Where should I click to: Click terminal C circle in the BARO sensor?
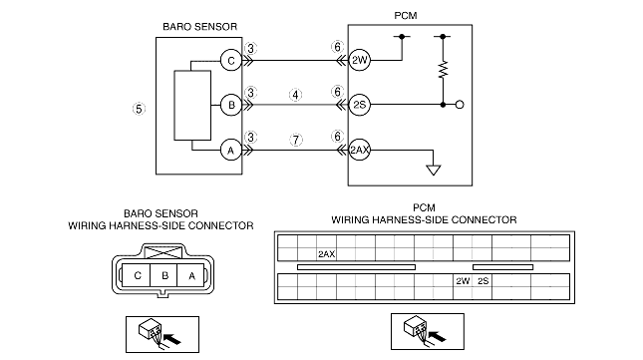click(x=231, y=60)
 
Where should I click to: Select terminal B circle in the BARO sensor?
click(x=231, y=105)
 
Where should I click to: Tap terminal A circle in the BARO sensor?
click(x=231, y=150)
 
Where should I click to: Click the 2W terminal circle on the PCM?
click(x=359, y=60)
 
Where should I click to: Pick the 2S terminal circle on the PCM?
click(x=359, y=105)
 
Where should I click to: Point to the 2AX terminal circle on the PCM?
click(x=359, y=150)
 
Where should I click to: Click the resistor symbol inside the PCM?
click(x=443, y=69)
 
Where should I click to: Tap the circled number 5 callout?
click(x=139, y=109)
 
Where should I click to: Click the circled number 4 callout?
click(x=296, y=95)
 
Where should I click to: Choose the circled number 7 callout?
click(x=296, y=140)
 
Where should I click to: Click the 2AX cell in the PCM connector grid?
click(x=327, y=254)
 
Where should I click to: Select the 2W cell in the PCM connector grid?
click(x=463, y=281)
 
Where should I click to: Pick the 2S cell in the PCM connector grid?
click(x=482, y=281)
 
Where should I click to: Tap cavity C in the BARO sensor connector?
click(x=137, y=275)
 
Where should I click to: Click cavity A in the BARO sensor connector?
click(x=191, y=275)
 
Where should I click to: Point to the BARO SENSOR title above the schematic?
click(x=199, y=27)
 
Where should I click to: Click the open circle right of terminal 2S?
click(x=460, y=105)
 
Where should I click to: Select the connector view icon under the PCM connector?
click(x=428, y=332)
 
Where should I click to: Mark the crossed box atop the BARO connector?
click(x=163, y=252)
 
